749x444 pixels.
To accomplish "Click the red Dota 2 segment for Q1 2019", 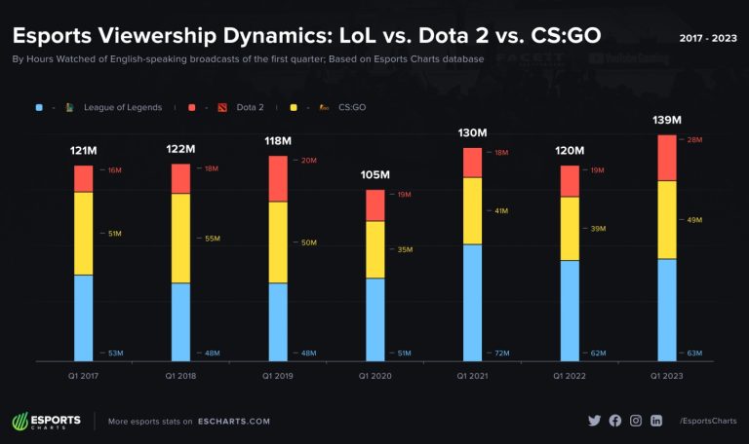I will [278, 178].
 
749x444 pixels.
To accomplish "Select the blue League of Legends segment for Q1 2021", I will [472, 302].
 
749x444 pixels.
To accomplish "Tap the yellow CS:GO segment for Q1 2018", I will [180, 238].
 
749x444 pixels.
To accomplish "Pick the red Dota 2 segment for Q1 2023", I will [667, 158].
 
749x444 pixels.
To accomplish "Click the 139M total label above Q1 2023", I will [667, 121].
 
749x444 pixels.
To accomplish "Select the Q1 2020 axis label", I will [374, 375].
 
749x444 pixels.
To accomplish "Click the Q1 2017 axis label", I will [83, 375].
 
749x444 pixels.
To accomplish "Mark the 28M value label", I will [694, 140].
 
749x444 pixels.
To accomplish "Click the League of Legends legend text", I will [122, 106].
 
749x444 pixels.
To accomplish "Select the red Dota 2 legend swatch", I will [192, 106].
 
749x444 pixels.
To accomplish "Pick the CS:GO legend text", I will [352, 106].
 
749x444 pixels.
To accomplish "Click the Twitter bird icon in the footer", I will [595, 421].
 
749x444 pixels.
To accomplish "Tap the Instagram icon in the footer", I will [636, 421].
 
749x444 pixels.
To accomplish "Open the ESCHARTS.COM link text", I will [233, 422].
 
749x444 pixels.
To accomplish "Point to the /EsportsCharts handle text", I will [706, 421].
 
